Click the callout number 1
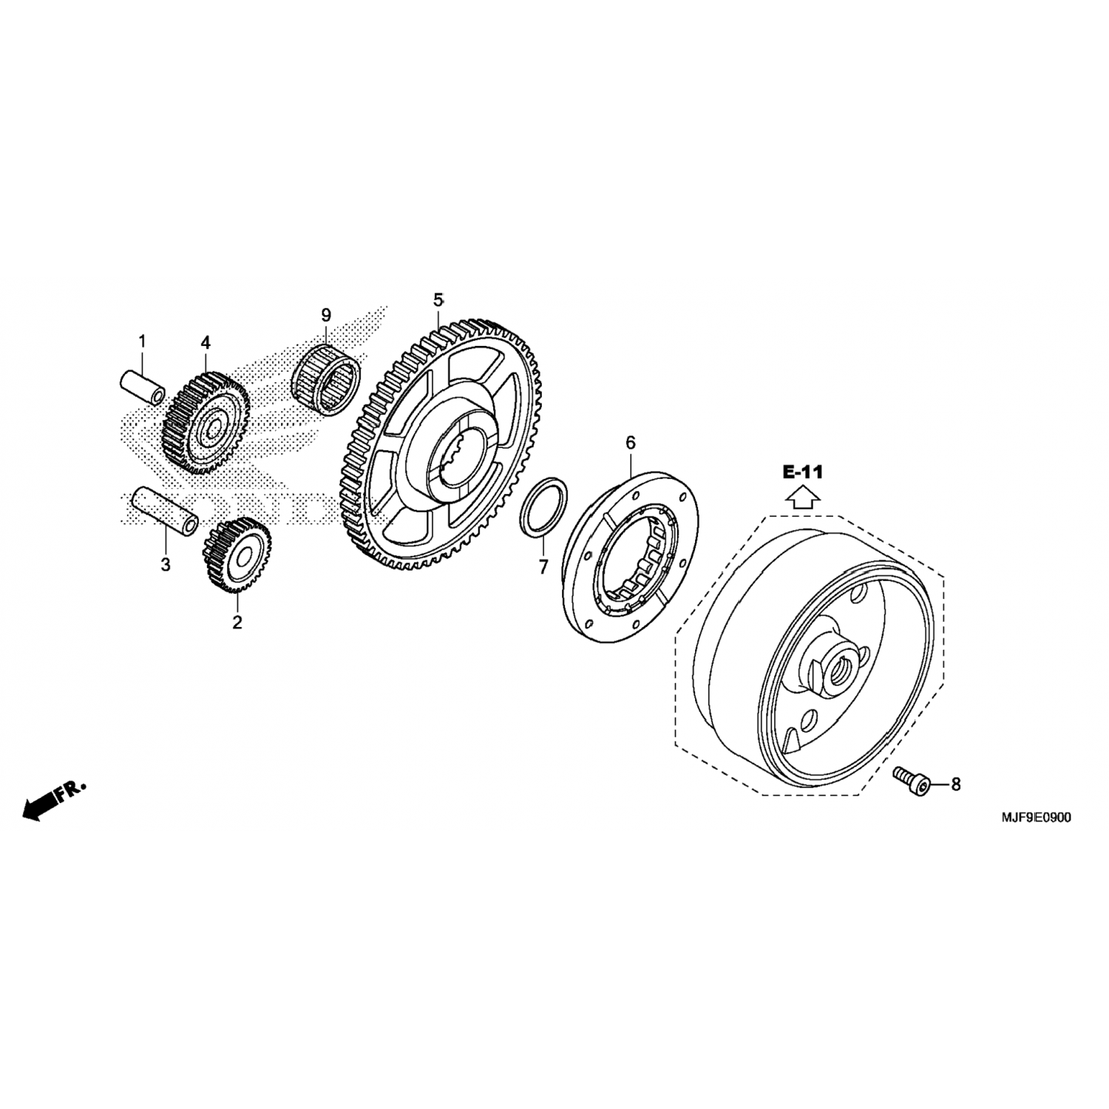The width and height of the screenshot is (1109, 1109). coord(142,342)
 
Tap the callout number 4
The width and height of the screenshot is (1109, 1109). coord(206,342)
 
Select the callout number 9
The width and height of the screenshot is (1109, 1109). coord(326,315)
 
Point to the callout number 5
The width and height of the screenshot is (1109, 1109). coord(438,300)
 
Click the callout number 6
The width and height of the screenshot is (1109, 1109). coord(630,443)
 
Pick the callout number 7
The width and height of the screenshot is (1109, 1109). coord(543,568)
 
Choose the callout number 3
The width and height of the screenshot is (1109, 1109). coord(166,565)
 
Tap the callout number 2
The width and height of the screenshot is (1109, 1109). coord(237,623)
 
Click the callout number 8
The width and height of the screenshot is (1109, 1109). coord(955,784)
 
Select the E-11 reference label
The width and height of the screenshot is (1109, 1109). coord(803,472)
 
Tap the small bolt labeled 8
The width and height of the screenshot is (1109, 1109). coord(911,781)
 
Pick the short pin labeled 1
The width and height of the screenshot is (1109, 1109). coord(143,388)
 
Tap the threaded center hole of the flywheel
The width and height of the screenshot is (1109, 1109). coord(842,666)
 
